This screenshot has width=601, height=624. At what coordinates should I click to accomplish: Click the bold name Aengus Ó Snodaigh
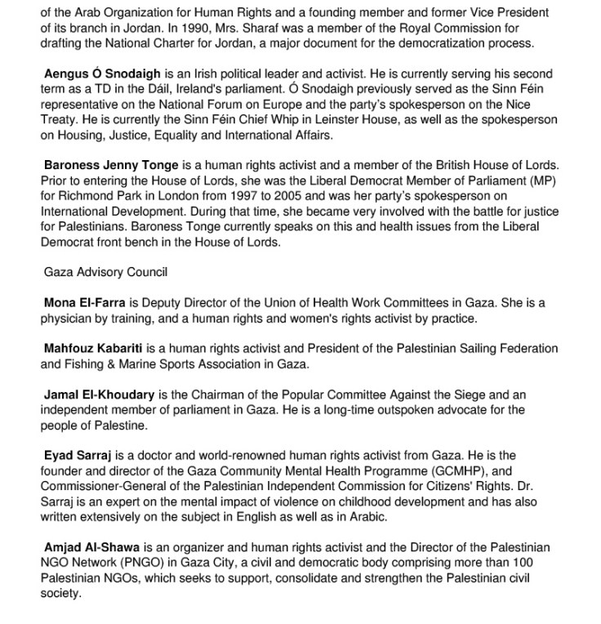(100, 74)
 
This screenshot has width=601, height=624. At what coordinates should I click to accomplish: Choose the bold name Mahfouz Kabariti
(93, 349)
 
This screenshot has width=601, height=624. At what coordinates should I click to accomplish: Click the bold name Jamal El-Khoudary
(99, 394)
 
